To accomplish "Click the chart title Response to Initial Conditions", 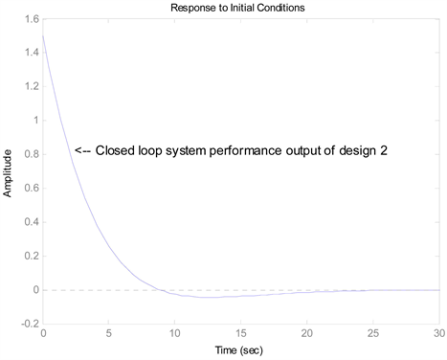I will click(239, 8).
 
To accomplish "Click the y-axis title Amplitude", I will click(9, 171).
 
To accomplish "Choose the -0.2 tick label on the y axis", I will click(29, 325).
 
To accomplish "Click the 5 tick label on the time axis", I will click(108, 333).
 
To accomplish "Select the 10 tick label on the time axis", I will click(174, 333).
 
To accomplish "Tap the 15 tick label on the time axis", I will click(240, 333).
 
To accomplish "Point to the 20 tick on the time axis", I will click(305, 333).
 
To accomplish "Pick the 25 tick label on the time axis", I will click(371, 333).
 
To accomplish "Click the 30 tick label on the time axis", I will click(436, 333).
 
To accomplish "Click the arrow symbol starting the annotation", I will click(83, 150).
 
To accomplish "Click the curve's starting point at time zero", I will click(43, 35).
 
